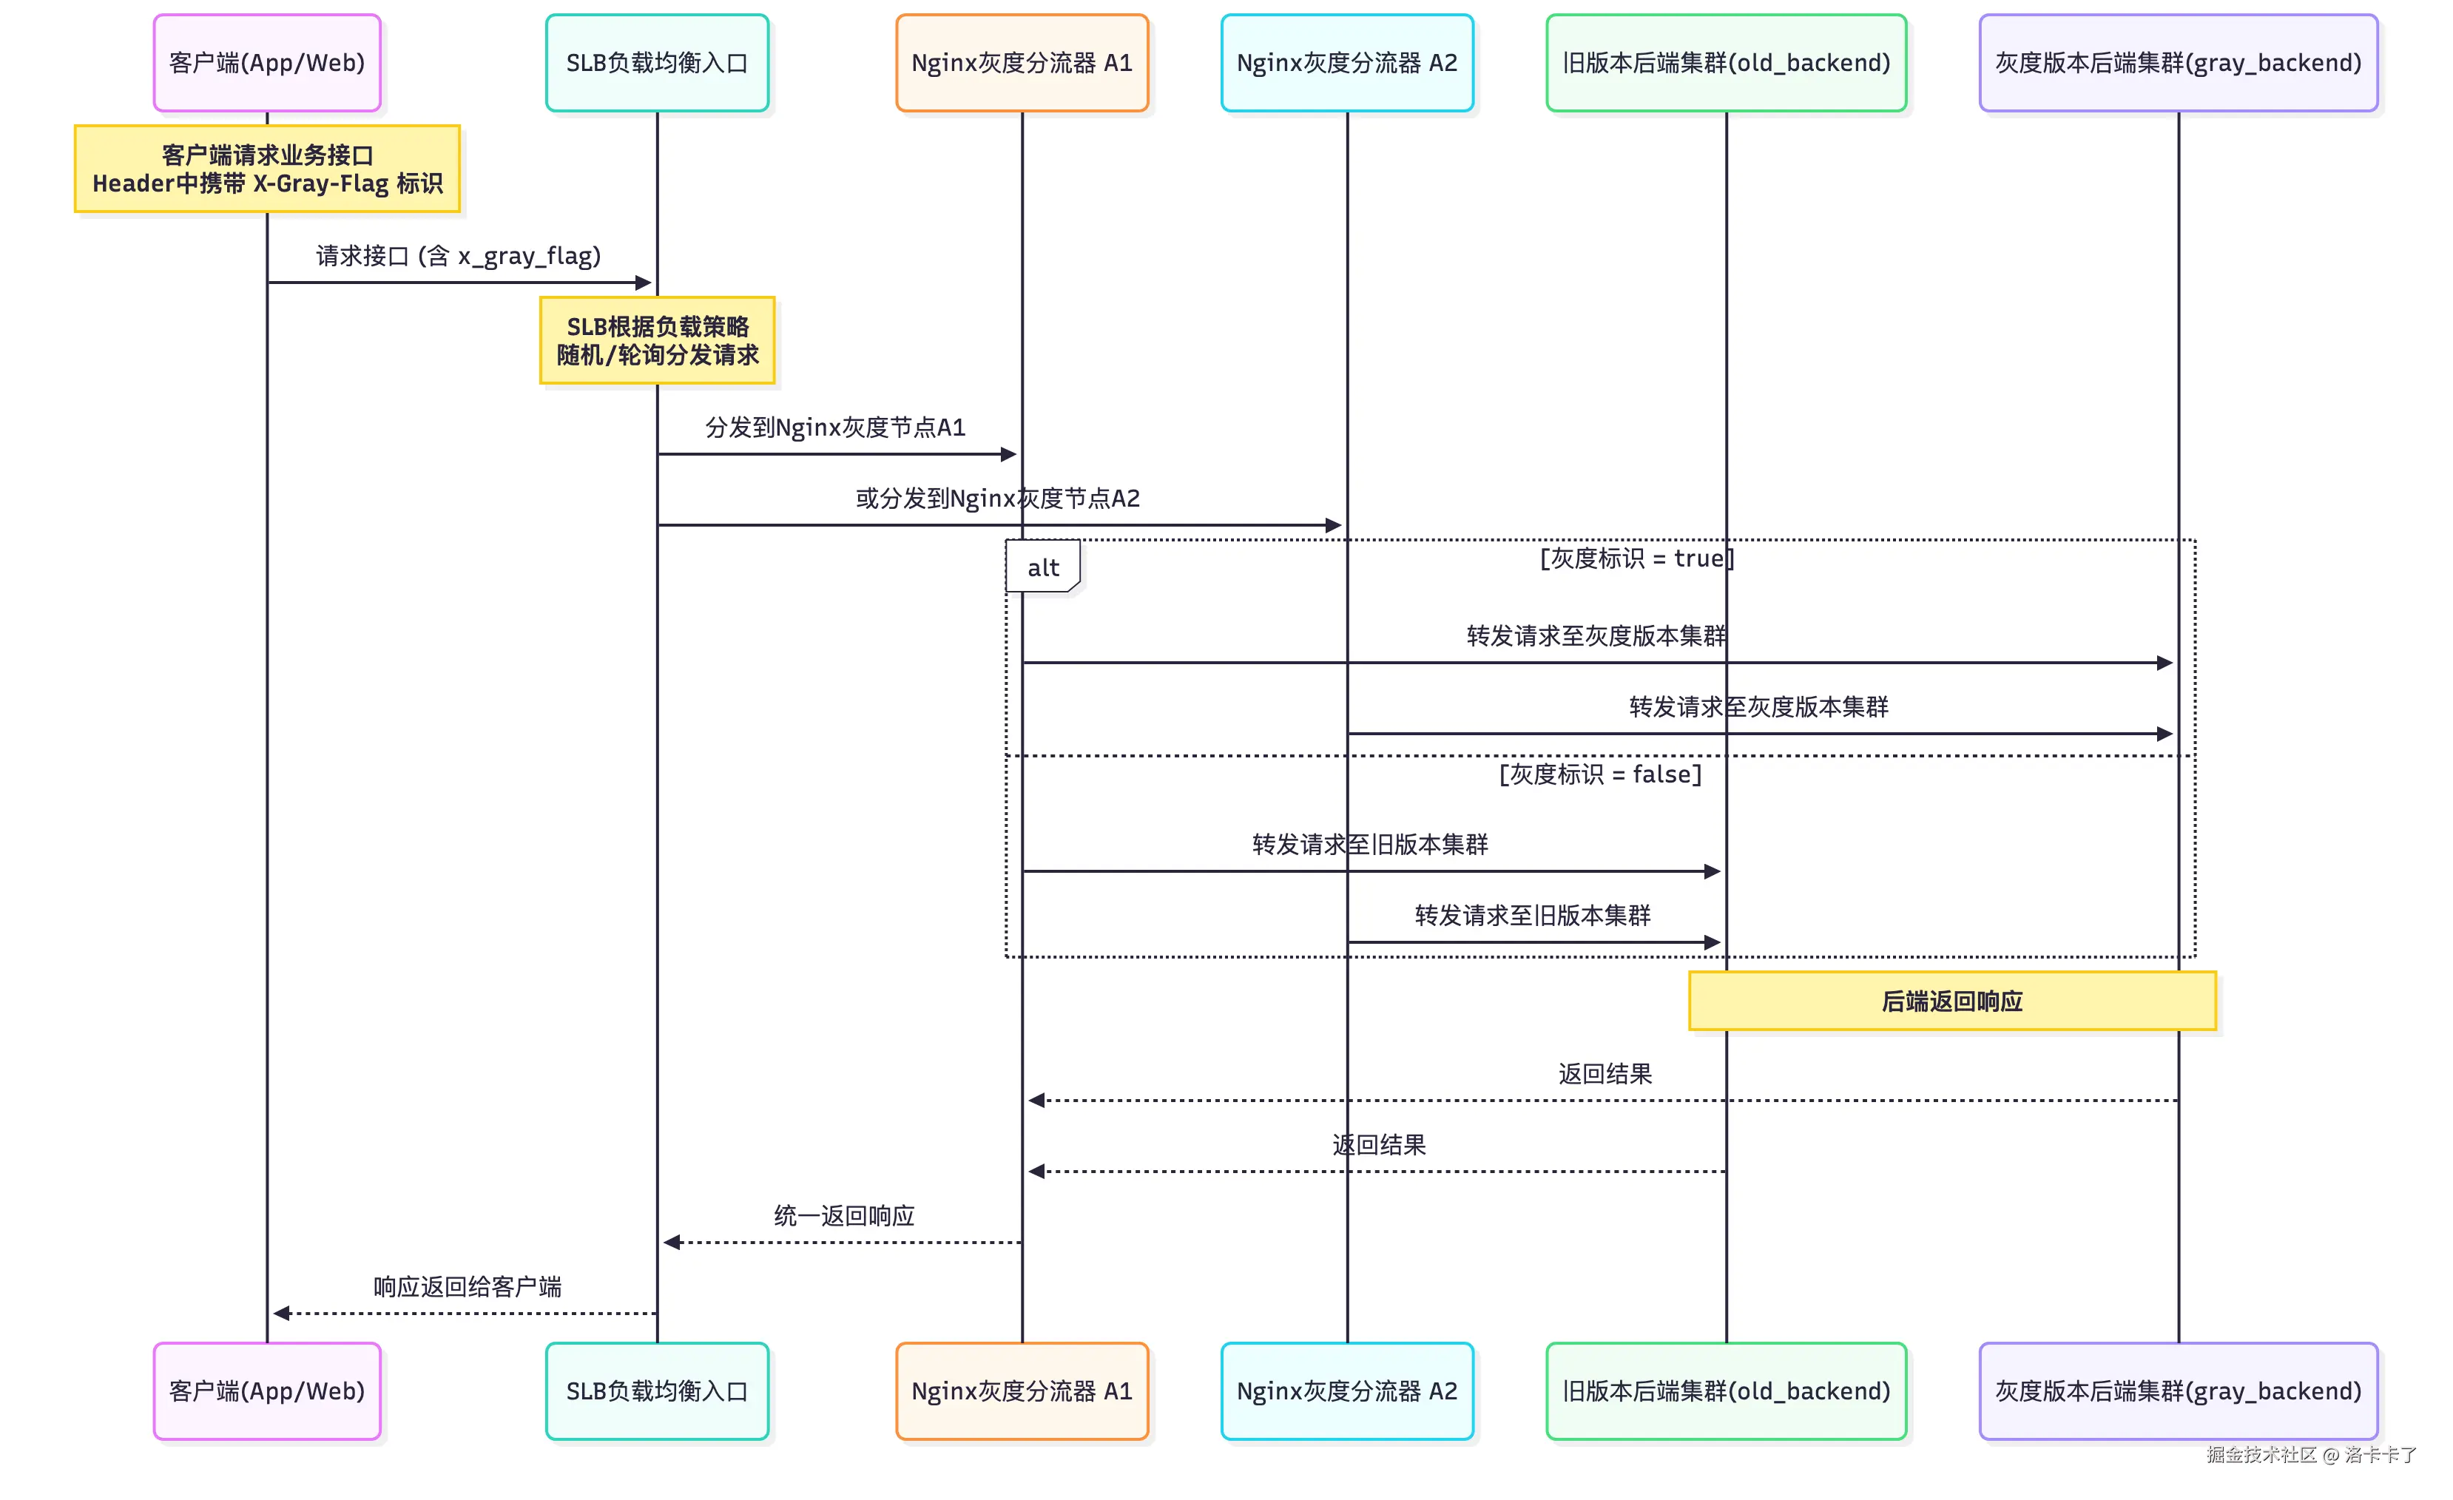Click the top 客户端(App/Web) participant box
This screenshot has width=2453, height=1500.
pos(267,63)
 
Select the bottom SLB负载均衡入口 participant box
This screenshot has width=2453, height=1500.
pos(657,1391)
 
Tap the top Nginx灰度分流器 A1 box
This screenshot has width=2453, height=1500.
pos(1022,63)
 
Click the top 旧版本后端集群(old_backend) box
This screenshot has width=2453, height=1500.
pos(1725,63)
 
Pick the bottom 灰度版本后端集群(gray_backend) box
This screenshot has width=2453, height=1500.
pos(2177,1391)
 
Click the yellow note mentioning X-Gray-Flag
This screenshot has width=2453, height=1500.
pos(267,169)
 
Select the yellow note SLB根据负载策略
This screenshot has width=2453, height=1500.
pos(657,340)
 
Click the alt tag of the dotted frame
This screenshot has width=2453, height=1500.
pos(1042,567)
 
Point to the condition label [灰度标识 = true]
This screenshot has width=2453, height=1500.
pos(1636,558)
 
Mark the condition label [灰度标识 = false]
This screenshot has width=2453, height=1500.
pos(1600,774)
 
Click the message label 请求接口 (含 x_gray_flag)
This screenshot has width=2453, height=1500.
pos(459,256)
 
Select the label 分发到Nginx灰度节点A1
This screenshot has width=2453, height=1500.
pos(835,427)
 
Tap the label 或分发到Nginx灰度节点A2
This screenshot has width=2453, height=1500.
pos(997,498)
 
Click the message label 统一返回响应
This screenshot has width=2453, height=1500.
pos(844,1215)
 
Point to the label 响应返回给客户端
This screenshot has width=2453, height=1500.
pos(467,1286)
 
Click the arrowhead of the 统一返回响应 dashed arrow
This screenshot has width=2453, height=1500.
pos(672,1242)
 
